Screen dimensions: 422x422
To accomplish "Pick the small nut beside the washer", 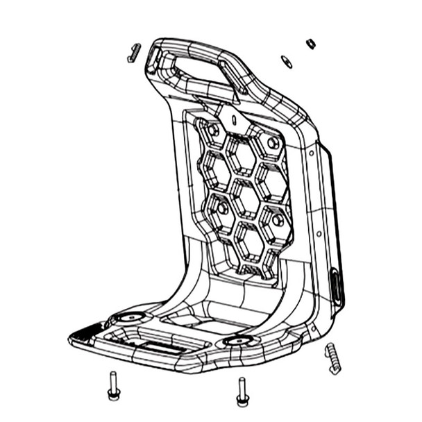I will (x=310, y=44).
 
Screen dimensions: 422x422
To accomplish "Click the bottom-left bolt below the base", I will (x=114, y=386).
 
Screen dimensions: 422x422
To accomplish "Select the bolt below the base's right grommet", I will (x=242, y=391).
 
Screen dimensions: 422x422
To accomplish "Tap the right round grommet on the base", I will (x=239, y=341).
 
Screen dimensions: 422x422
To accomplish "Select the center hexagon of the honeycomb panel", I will (x=244, y=198).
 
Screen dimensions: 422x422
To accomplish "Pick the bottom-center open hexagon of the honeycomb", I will (x=247, y=239).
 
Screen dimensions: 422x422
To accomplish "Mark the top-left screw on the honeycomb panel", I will (x=213, y=130).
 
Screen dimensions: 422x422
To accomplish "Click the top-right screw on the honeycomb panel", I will (x=273, y=143).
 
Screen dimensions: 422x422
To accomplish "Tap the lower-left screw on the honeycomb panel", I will (x=222, y=208).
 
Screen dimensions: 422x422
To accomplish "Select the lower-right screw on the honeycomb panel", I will (x=277, y=220).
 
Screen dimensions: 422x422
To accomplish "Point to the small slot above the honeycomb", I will (x=234, y=119).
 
